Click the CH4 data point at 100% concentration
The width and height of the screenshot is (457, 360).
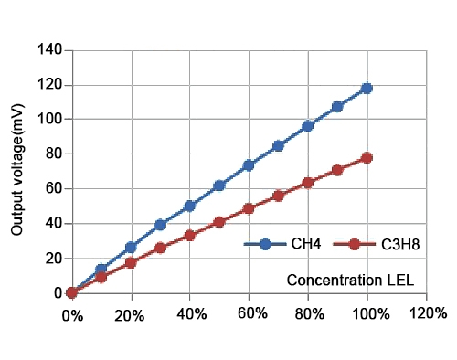[367, 88]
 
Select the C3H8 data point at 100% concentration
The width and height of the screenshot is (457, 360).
[367, 157]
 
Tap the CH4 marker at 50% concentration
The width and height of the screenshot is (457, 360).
[219, 185]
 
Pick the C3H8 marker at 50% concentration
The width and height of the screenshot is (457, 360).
[219, 222]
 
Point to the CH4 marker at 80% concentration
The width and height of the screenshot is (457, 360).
[308, 126]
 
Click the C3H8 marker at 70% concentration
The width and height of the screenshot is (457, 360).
[279, 196]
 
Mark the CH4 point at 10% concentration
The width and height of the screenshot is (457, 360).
[101, 270]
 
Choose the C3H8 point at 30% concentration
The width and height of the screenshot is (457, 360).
[160, 248]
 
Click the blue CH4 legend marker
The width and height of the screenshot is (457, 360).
[266, 244]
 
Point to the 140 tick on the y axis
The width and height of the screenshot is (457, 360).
[50, 49]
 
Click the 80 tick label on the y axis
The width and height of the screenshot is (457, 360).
[54, 154]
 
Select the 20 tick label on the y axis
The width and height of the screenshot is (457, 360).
[54, 259]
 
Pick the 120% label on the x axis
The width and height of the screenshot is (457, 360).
[427, 312]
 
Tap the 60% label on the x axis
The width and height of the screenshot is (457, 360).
[249, 312]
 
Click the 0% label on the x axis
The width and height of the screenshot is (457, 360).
[72, 314]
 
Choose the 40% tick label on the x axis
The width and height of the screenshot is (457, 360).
[190, 312]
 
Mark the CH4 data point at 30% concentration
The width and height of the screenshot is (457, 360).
[160, 225]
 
